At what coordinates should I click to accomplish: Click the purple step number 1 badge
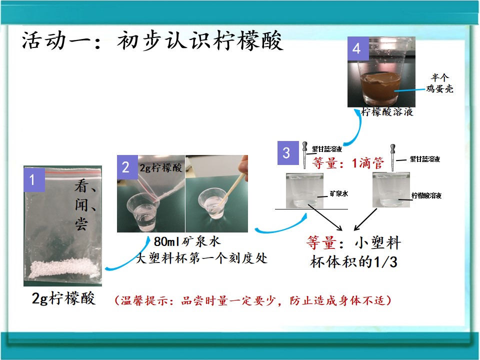(34, 179)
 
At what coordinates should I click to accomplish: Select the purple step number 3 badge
(288, 153)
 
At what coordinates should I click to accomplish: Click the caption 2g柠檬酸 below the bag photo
(63, 298)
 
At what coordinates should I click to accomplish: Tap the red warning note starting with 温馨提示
(253, 300)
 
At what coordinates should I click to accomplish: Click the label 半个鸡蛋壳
(439, 83)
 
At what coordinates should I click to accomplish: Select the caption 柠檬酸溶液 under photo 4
(387, 111)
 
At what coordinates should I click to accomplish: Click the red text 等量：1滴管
(348, 163)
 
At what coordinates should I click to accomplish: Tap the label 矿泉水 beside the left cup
(339, 193)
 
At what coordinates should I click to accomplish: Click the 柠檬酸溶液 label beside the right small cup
(426, 195)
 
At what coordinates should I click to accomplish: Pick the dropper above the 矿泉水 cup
(305, 155)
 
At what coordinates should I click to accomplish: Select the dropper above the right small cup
(393, 157)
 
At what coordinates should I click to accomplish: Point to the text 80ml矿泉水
(187, 241)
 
